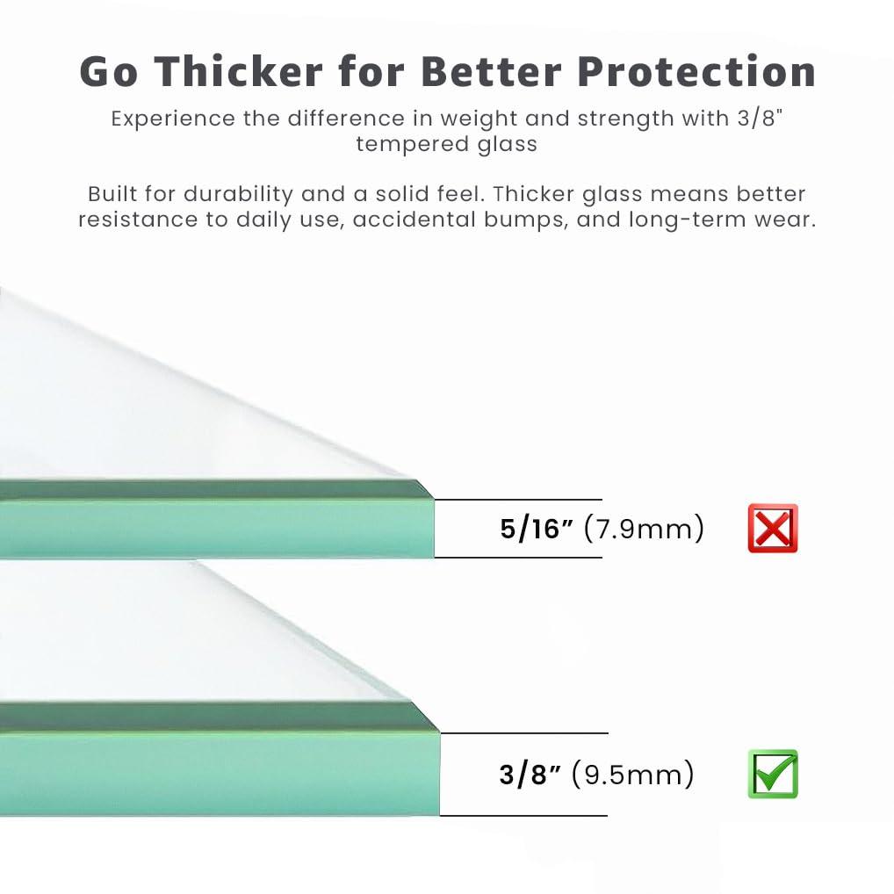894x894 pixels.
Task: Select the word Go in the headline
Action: (108, 72)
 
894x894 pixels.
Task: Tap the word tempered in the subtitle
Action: (409, 143)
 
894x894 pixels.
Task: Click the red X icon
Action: (773, 529)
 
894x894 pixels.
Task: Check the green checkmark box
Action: (773, 775)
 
